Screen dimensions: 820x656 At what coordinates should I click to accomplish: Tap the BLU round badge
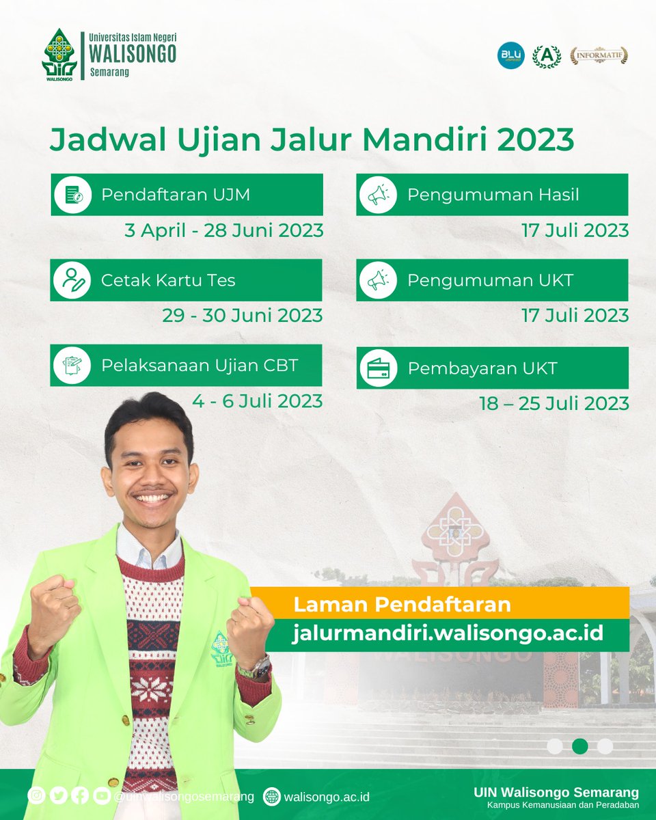pyautogui.click(x=510, y=55)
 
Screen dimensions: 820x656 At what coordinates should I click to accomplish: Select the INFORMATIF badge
pyautogui.click(x=599, y=56)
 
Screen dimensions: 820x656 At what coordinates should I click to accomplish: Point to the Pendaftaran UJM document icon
pyautogui.click(x=72, y=195)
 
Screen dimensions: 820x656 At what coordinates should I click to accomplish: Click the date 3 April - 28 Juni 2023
pyautogui.click(x=223, y=230)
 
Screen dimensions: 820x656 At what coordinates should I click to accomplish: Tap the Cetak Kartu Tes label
pyautogui.click(x=168, y=280)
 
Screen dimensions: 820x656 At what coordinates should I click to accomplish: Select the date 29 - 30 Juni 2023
pyautogui.click(x=242, y=316)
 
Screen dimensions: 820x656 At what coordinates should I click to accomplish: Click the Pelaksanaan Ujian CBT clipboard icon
pyautogui.click(x=72, y=366)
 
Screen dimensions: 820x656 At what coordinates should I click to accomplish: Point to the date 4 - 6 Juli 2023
pyautogui.click(x=257, y=401)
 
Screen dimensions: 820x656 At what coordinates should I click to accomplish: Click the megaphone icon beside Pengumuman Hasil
pyautogui.click(x=378, y=195)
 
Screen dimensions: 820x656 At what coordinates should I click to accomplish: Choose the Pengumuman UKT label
pyautogui.click(x=490, y=280)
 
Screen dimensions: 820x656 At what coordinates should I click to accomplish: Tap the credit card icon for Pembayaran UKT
pyautogui.click(x=378, y=368)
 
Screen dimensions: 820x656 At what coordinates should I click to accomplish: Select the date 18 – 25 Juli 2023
pyautogui.click(x=553, y=403)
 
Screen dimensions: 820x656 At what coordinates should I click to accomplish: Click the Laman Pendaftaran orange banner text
pyautogui.click(x=402, y=605)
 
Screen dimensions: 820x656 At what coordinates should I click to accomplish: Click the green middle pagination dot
pyautogui.click(x=579, y=746)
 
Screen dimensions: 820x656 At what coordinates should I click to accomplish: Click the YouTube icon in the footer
pyautogui.click(x=102, y=796)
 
